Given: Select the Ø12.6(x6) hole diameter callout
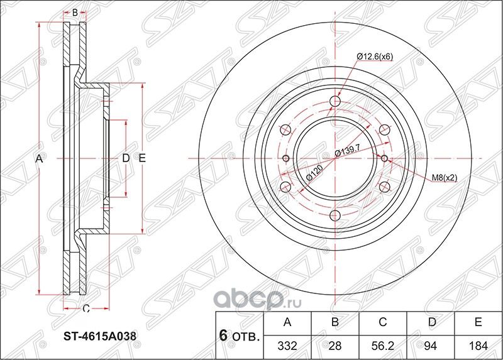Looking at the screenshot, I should click(375, 57).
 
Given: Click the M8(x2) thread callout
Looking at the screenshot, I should click(444, 178).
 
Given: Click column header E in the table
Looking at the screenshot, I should click(478, 323).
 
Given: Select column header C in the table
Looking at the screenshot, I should click(383, 323).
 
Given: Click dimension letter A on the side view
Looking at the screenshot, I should click(38, 160).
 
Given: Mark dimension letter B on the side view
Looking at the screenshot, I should click(75, 13).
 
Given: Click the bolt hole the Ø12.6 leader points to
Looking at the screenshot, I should click(335, 101).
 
